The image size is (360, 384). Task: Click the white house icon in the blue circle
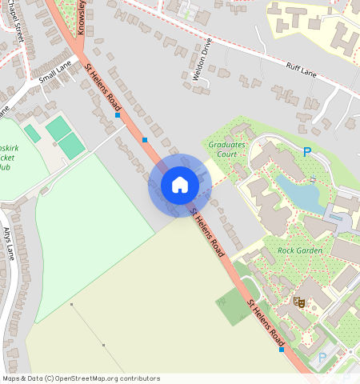point(180,185)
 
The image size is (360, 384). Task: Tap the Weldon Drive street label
point(206,59)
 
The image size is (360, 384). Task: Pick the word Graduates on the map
point(226,145)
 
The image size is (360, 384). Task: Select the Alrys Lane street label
point(10,243)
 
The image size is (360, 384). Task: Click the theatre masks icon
point(299,302)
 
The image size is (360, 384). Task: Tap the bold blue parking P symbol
point(306,151)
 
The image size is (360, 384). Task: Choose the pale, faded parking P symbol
point(322,358)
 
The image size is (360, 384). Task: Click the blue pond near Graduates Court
point(298,193)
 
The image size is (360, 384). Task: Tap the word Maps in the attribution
point(10,378)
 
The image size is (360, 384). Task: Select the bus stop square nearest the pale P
point(282,350)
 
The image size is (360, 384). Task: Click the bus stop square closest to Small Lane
point(118,116)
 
